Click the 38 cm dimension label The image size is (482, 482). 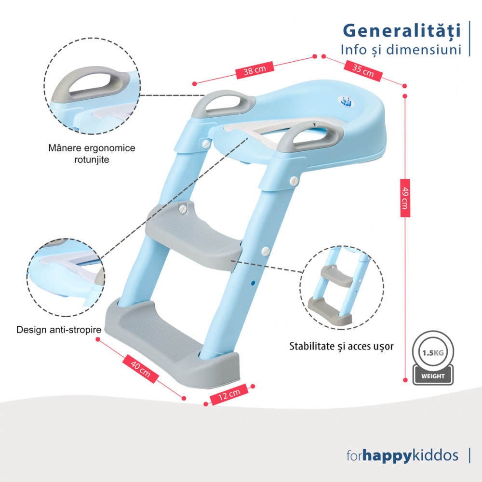tap(254, 70)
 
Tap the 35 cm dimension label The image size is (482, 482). tap(363, 71)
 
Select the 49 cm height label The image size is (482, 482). tap(405, 198)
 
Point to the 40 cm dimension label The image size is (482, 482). tap(140, 369)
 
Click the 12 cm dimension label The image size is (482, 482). tap(229, 394)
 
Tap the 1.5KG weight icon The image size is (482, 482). tap(433, 358)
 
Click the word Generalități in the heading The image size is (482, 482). tap(402, 31)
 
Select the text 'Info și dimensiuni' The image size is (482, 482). tap(401, 50)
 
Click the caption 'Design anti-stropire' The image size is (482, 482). tap(59, 330)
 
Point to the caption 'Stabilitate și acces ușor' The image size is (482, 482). tap(341, 347)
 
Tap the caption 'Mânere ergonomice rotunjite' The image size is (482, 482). tap(92, 154)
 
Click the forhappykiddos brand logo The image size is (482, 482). tap(402, 455)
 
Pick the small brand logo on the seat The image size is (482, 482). tap(348, 101)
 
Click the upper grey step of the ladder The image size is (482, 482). tap(194, 235)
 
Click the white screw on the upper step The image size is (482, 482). tap(183, 209)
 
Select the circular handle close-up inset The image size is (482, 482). tap(92, 86)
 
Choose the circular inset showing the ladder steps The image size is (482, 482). tap(342, 287)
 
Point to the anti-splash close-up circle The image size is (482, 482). tap(66, 278)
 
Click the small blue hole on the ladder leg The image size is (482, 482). tap(253, 283)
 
